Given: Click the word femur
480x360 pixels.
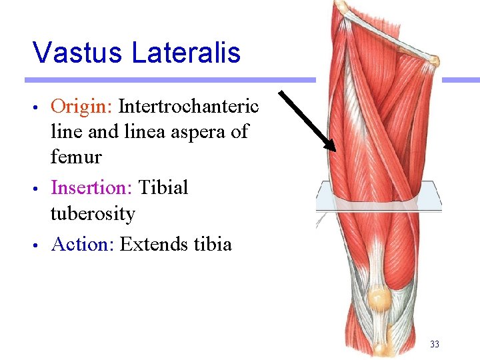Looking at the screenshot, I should [76, 158].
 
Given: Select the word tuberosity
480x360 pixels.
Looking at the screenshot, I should [93, 214].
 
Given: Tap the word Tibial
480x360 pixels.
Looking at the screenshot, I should [163, 187].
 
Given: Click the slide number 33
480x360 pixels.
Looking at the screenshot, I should [435, 344].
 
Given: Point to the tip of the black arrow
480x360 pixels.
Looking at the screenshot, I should [335, 150].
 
